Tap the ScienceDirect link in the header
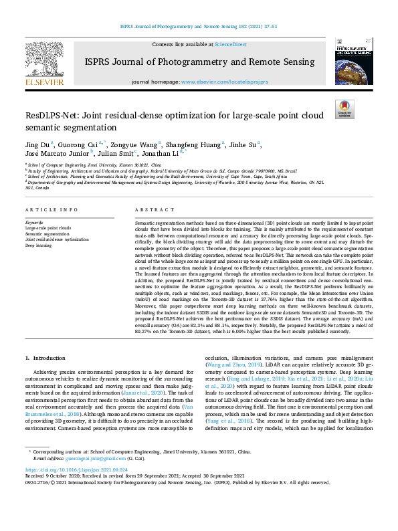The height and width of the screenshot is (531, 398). pyautogui.click(x=231, y=44)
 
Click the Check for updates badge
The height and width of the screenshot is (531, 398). pyautogui.click(x=344, y=108)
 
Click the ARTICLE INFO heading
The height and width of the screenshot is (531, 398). pyautogui.click(x=48, y=209)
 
